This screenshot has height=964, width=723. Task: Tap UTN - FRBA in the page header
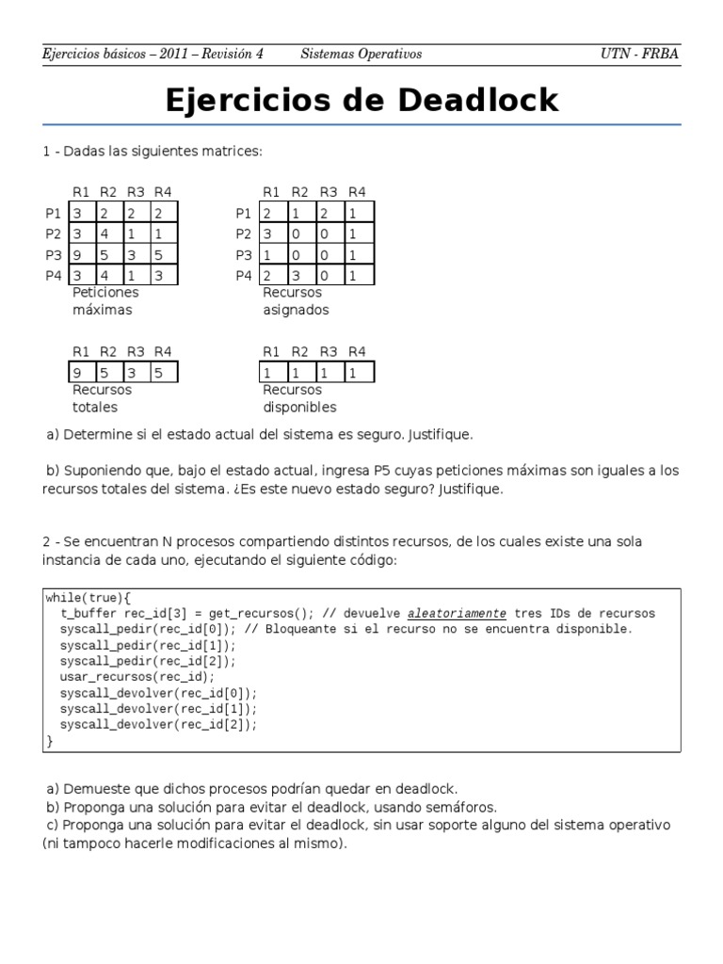[x=639, y=54]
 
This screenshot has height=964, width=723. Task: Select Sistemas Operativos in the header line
[x=361, y=54]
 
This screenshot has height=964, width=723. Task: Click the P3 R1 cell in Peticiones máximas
[x=78, y=254]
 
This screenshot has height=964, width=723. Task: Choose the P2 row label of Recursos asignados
[x=243, y=233]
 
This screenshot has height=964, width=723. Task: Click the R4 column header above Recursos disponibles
[x=357, y=352]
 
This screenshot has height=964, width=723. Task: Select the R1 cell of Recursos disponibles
[x=268, y=373]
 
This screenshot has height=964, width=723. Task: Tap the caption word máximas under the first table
[x=103, y=310]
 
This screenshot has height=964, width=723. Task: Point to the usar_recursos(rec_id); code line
[x=137, y=677]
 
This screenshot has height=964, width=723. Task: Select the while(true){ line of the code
[x=88, y=597]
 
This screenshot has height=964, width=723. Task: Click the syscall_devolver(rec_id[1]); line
[x=157, y=709]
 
